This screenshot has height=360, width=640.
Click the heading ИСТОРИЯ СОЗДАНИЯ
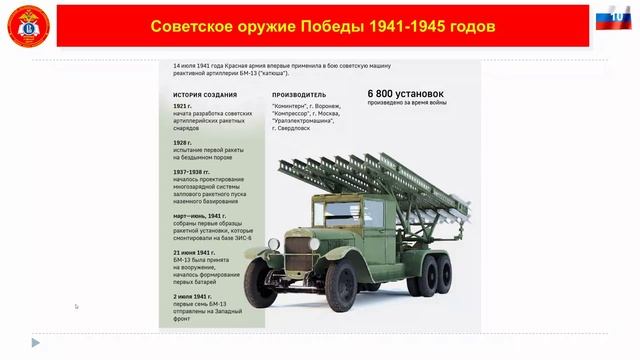point(204,95)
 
